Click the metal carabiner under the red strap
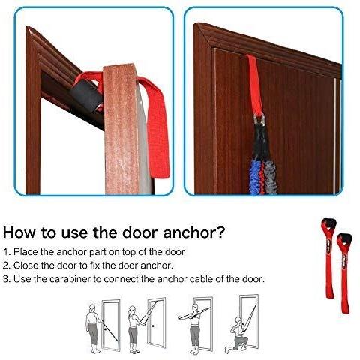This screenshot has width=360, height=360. coord(259,119)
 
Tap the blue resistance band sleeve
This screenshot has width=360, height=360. coord(255,177)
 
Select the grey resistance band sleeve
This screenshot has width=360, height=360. coord(270,177)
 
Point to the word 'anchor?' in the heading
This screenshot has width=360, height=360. coord(194,232)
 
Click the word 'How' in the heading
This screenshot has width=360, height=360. coord(19,232)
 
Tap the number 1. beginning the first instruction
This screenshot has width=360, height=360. coord(7,252)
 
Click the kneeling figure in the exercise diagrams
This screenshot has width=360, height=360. coord(237,334)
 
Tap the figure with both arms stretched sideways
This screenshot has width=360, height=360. coord(194,328)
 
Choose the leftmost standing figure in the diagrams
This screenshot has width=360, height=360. coord(93,328)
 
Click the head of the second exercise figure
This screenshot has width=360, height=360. coord(132,310)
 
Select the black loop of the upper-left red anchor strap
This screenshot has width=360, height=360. coord(328,222)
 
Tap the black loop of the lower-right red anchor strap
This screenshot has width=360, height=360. coord(344,238)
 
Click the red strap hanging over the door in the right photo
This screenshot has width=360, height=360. coord(255,85)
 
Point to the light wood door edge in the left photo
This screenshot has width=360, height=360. coord(121,129)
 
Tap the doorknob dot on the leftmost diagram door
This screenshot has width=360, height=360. coord(105,329)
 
